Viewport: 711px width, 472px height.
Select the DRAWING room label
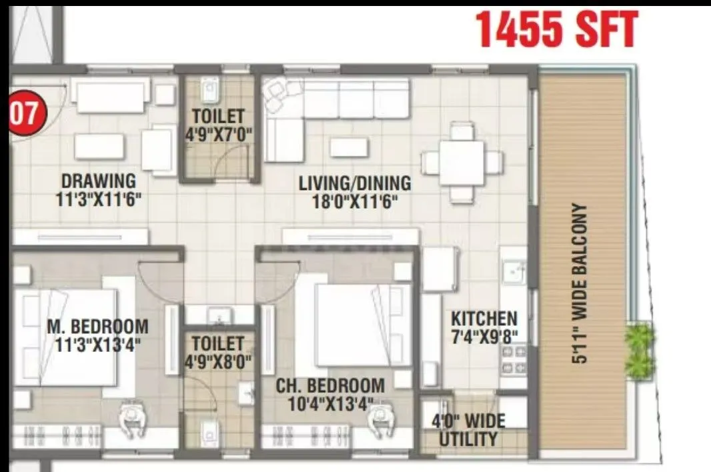point(98,181)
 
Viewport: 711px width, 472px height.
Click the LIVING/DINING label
point(354,183)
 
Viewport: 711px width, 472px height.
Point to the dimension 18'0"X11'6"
point(354,201)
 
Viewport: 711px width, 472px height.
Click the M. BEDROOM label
point(97,327)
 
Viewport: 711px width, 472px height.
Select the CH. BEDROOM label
point(330,385)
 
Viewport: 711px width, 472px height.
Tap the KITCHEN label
point(484,318)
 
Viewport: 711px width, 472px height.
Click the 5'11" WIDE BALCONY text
point(580,283)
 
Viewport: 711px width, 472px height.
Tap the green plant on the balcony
point(639,348)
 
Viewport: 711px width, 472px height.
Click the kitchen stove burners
point(513,359)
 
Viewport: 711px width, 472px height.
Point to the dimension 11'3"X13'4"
point(97,345)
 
